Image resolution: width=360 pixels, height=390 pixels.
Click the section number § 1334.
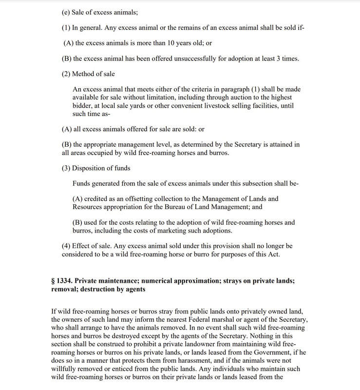click(64, 281)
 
